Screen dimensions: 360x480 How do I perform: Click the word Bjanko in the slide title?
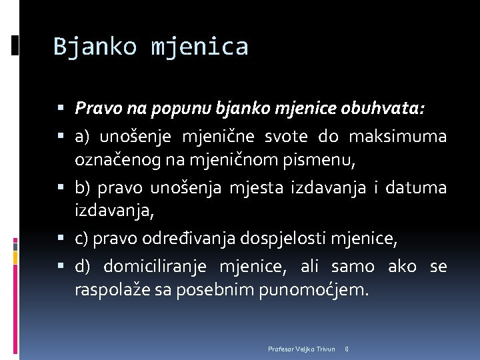click(x=95, y=47)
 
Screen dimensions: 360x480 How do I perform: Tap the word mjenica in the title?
click(x=199, y=47)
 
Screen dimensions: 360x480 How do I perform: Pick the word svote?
click(x=286, y=137)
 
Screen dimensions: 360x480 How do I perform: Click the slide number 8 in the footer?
click(x=347, y=349)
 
